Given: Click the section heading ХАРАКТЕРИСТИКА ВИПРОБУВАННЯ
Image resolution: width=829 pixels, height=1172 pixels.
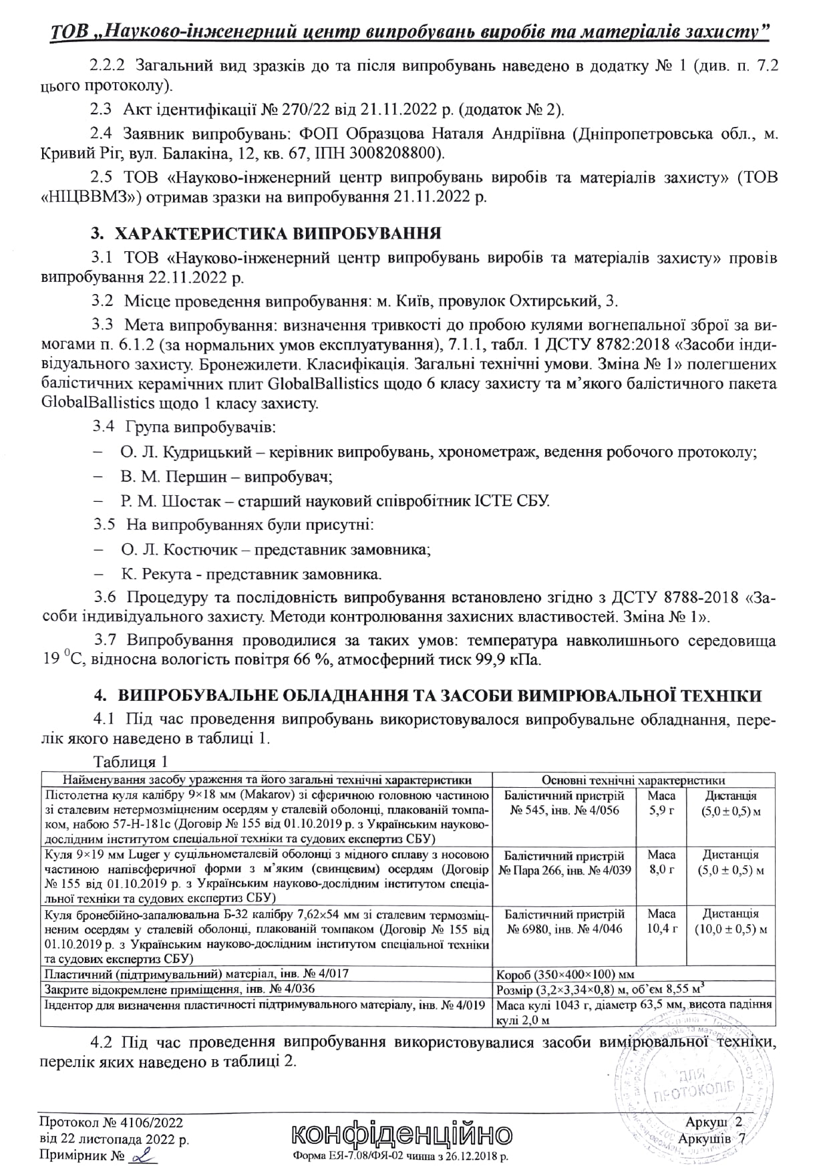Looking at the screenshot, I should [x=277, y=234].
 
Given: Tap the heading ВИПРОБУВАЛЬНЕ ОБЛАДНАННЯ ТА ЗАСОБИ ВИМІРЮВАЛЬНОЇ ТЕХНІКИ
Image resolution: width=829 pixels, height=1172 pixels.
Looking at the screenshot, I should [x=440, y=695].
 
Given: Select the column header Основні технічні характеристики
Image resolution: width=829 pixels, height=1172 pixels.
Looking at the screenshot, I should [x=633, y=780].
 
